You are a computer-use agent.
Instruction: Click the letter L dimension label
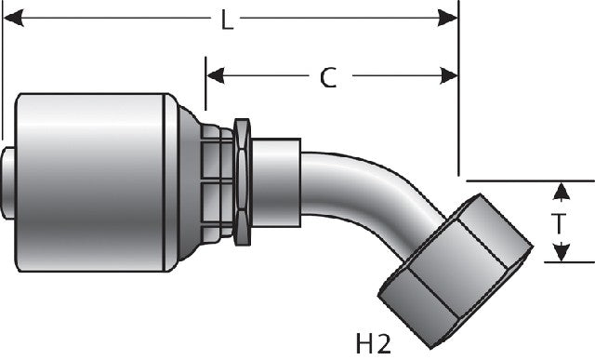pyautogui.click(x=227, y=20)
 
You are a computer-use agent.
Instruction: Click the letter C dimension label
pyautogui.click(x=328, y=78)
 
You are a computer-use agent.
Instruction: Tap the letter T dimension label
pyautogui.click(x=559, y=223)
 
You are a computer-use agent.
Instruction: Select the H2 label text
pyautogui.click(x=373, y=343)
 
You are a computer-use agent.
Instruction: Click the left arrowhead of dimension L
pyautogui.click(x=13, y=18)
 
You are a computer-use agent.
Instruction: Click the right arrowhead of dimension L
pyautogui.click(x=447, y=18)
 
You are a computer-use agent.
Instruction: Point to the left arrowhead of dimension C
pyautogui.click(x=216, y=75)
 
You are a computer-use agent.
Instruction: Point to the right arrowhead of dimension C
pyautogui.click(x=449, y=75)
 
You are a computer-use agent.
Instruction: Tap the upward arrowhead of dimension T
pyautogui.click(x=561, y=191)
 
